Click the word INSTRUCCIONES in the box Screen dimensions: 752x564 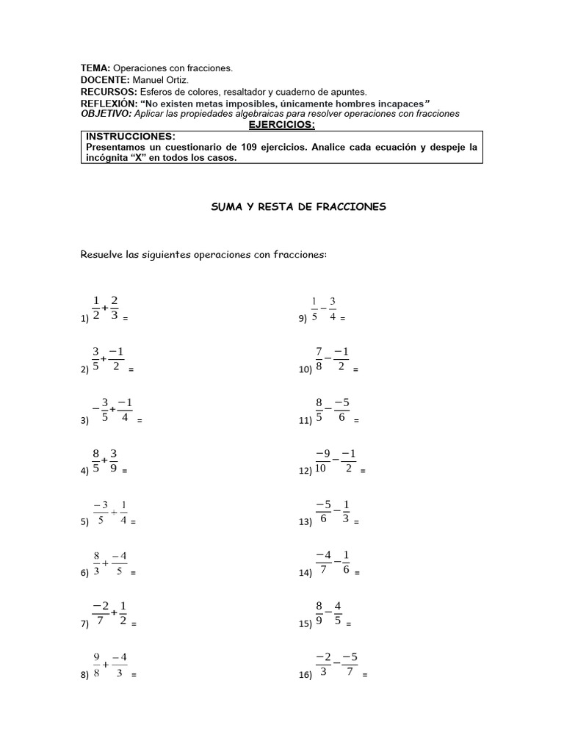tap(131, 137)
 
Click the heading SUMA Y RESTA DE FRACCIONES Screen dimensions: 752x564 tap(298, 208)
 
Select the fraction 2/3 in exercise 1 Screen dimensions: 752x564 tap(115, 309)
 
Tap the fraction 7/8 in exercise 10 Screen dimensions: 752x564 tap(319, 360)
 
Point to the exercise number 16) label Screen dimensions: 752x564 tap(305, 676)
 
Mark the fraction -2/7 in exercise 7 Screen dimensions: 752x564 tap(101, 615)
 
